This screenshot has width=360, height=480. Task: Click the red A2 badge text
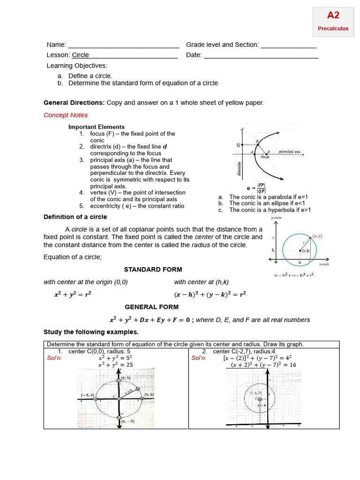coord(333,15)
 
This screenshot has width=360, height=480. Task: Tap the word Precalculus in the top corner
coord(333,28)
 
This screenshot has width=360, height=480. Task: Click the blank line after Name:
coord(123,46)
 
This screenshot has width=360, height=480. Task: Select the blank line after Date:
coord(261,56)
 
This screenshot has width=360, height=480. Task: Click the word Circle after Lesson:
coord(80,55)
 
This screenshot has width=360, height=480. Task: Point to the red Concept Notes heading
coord(66,115)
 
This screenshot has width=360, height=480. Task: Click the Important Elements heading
coord(97,127)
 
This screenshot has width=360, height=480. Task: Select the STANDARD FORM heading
coord(153,270)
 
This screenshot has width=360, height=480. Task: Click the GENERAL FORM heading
coord(151,307)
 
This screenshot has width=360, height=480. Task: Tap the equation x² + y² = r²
coord(73,295)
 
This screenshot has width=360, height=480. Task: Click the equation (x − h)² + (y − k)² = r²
coord(210,295)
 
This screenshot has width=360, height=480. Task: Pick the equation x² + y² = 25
coord(116,365)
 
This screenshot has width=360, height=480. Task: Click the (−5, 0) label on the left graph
coord(87,395)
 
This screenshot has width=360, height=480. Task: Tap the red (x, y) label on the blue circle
coord(317,236)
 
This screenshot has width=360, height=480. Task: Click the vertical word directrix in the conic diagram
coord(239,168)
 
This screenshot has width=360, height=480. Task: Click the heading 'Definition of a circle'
coord(75,217)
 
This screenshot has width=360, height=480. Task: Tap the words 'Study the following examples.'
coord(91,332)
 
